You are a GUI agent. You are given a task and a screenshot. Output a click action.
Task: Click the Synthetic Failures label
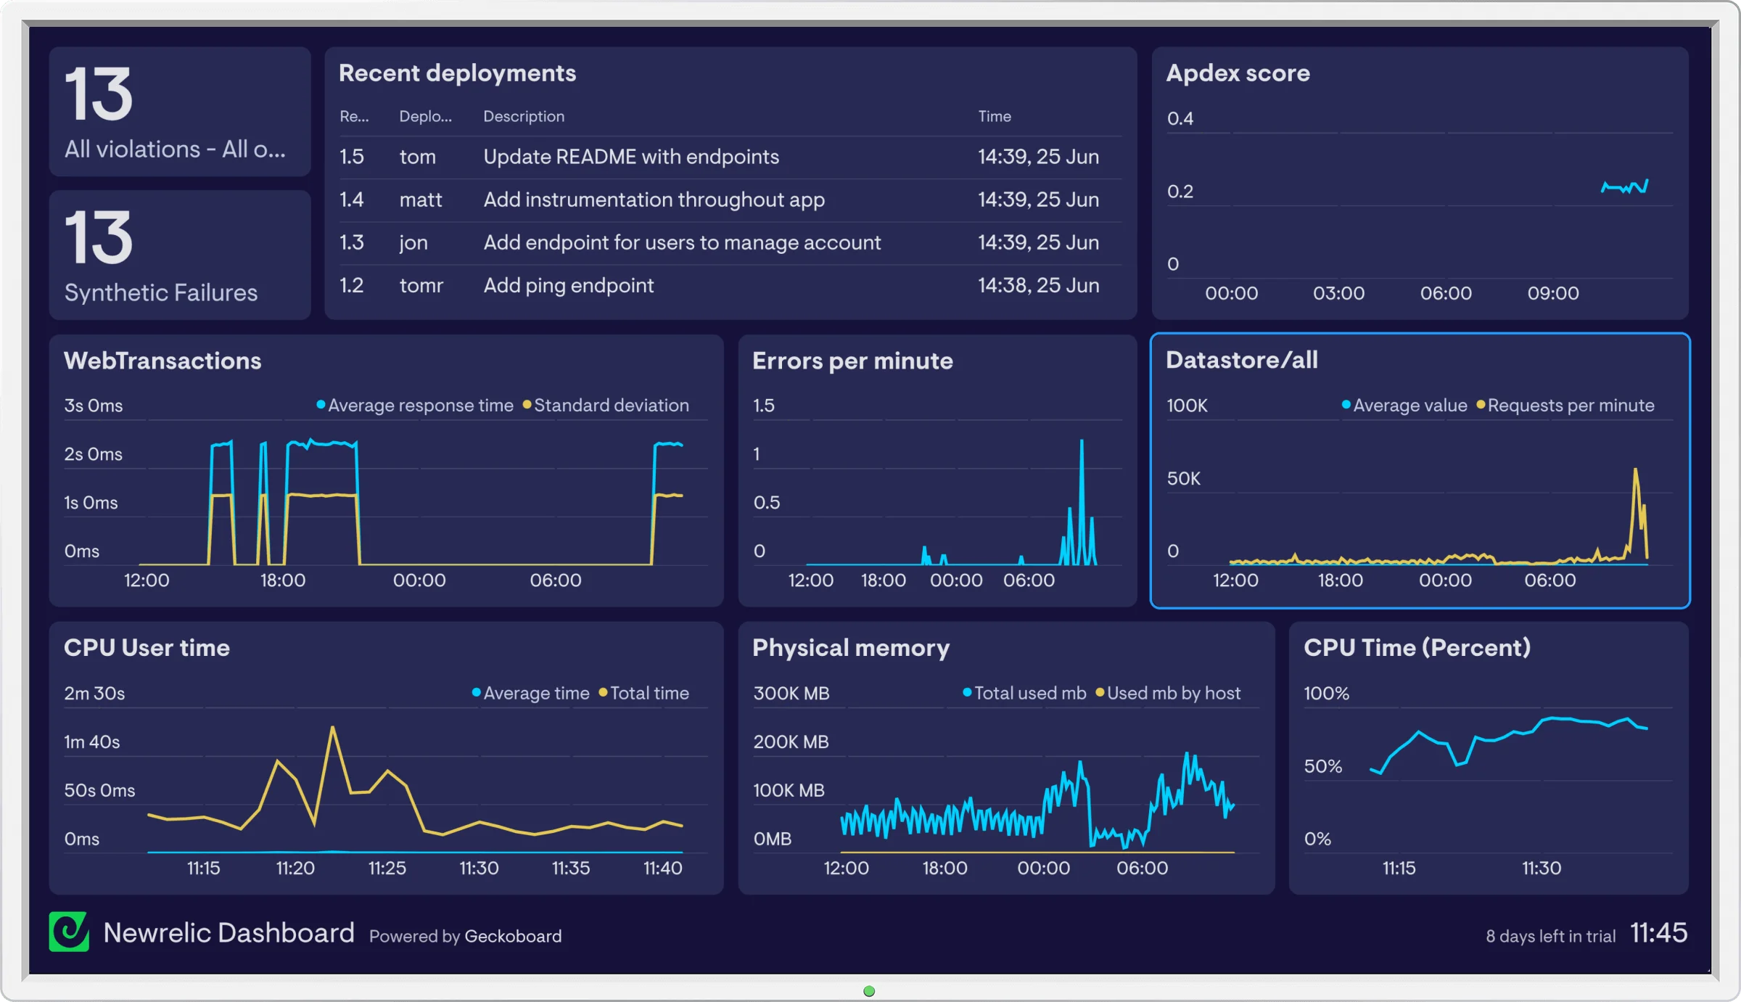pos(160,292)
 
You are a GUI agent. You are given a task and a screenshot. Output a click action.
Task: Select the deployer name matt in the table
pos(420,200)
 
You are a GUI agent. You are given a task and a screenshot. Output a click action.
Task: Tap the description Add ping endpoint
pos(568,285)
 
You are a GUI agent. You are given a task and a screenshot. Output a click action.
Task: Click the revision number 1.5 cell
pos(352,157)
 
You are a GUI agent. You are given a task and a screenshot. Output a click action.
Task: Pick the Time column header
pos(994,116)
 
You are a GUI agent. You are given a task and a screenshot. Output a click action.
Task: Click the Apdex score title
pos(1238,73)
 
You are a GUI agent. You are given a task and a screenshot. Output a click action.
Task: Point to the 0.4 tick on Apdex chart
pos(1180,118)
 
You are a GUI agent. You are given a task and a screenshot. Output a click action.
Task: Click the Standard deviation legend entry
pos(611,406)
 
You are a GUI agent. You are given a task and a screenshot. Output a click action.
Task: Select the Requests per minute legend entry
pos(1571,406)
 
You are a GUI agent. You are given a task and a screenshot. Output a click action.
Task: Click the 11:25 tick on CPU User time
pos(387,868)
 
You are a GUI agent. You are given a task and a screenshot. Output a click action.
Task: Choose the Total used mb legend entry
pos(1029,693)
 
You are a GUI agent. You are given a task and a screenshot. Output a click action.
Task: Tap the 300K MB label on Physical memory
pos(791,693)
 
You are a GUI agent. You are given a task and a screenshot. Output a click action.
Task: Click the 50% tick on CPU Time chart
pos(1322,766)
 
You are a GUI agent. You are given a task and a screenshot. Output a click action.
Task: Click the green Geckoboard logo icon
pos(69,932)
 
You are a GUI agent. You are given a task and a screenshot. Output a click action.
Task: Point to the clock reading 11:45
pos(1658,932)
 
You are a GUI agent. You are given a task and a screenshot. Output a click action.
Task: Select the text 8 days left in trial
pos(1550,936)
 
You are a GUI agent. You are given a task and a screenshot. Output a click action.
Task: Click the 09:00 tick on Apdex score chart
pos(1552,293)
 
